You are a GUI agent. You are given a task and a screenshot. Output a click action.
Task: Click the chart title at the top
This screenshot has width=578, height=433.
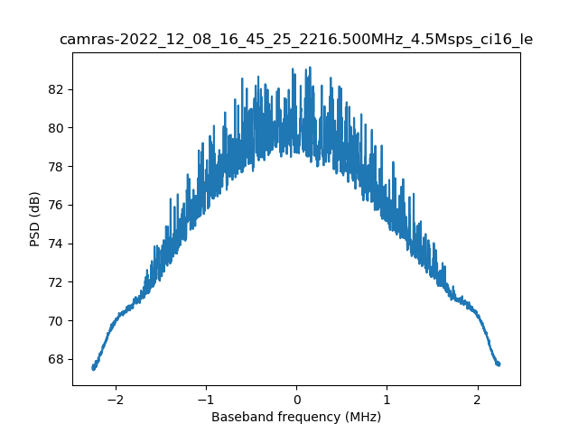(x=296, y=40)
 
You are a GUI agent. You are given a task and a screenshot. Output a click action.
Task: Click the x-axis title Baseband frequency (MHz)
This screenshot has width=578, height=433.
(x=296, y=417)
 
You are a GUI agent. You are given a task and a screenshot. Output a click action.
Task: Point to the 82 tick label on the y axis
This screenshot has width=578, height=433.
(x=56, y=89)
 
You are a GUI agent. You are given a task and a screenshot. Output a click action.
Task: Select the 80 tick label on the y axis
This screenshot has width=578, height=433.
(x=56, y=128)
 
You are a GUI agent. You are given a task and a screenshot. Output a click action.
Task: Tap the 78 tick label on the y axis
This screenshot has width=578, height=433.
(x=56, y=167)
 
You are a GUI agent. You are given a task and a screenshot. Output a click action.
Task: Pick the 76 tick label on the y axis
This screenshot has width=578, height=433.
(x=56, y=205)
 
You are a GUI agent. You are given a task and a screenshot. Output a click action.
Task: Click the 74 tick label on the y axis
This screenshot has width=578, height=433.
(x=56, y=244)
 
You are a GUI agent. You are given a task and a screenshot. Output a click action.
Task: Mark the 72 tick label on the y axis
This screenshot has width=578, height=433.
(x=56, y=282)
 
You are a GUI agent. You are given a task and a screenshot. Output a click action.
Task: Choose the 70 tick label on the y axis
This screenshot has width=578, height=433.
(x=56, y=321)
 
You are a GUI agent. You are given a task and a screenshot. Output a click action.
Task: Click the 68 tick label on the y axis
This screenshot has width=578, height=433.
(x=56, y=359)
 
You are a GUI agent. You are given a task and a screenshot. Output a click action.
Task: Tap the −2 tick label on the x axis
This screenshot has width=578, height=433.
(x=115, y=399)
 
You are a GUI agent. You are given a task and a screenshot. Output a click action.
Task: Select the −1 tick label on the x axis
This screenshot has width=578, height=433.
(x=205, y=399)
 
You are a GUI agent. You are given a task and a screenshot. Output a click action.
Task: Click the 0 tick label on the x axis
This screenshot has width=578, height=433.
(x=296, y=399)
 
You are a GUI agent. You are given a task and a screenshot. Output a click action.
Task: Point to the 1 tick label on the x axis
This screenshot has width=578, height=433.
(x=387, y=399)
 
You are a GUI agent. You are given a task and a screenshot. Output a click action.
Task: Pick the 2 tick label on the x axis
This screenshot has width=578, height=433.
(x=477, y=399)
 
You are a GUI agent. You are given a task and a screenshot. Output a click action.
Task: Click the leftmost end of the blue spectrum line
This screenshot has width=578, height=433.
(x=93, y=368)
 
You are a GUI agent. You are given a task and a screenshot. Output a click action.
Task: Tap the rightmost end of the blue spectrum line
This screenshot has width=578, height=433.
(x=499, y=364)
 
